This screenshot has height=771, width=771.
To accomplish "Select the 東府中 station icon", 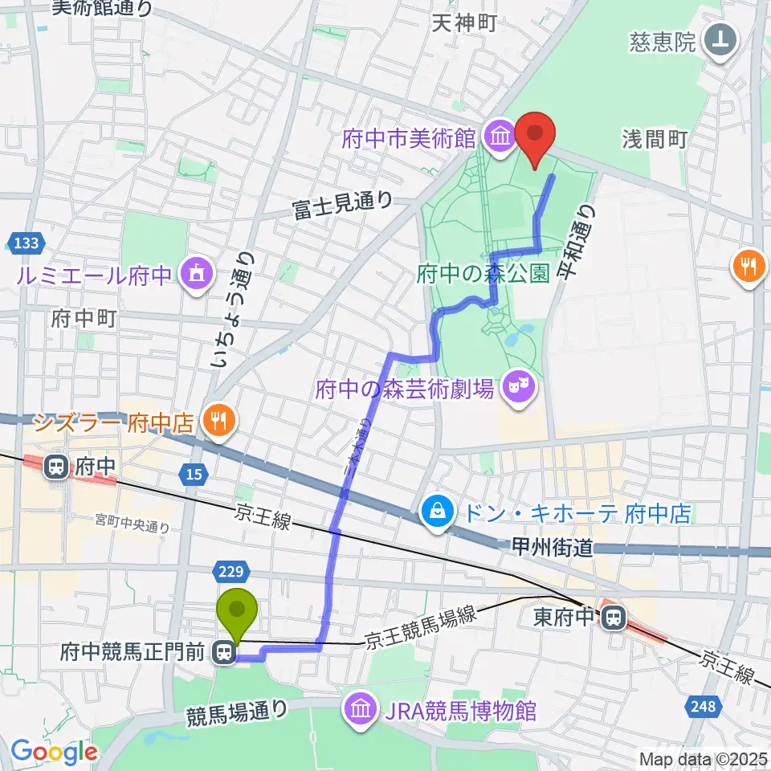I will click(614, 618).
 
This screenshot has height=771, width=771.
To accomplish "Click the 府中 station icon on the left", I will click(57, 467).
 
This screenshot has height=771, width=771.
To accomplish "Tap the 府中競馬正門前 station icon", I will click(224, 655).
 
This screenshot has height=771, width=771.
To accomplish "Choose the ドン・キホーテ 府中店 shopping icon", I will click(439, 512).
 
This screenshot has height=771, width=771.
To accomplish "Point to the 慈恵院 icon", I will click(718, 40).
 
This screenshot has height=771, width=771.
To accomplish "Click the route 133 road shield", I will click(21, 241).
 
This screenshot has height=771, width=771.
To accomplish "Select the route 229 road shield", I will click(229, 570).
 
